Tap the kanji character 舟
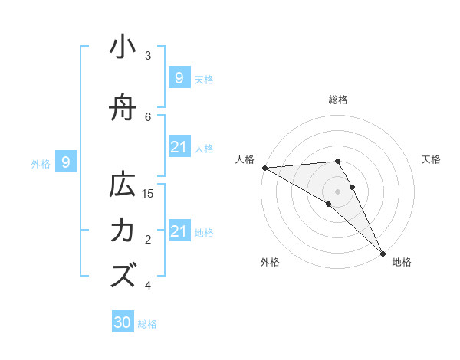coord(123,109)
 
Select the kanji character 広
coord(123,186)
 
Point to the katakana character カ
coord(123,231)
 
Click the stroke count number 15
coord(149,194)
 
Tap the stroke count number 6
coord(149,116)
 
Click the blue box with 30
coord(123,322)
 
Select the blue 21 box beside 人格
coord(179,147)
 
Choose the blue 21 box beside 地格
coord(179,231)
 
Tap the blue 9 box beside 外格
coord(67,162)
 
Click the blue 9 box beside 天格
coord(179,77)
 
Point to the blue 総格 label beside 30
coord(148,324)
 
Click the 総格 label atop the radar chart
coord(338,100)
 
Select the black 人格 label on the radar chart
coord(245,159)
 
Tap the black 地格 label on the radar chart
coord(402,263)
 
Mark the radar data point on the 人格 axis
coord(264,168)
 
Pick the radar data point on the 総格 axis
coord(337,161)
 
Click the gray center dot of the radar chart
coord(337,191)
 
